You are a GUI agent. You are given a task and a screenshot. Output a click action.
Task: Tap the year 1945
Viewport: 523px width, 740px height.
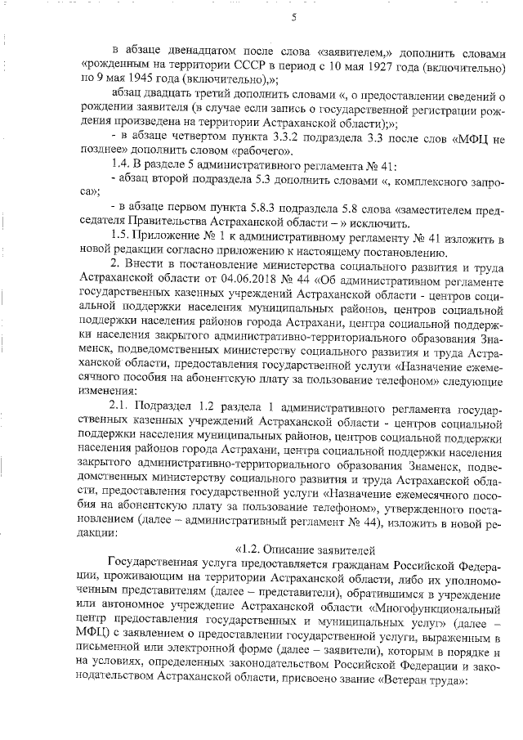[144, 79]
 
